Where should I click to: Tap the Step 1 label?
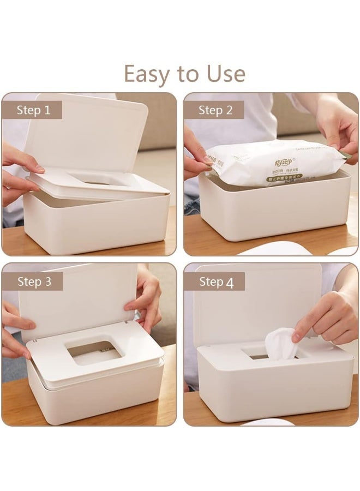(33, 110)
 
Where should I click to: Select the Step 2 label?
(215, 110)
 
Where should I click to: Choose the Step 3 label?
(34, 282)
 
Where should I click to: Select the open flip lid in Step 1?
(87, 134)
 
